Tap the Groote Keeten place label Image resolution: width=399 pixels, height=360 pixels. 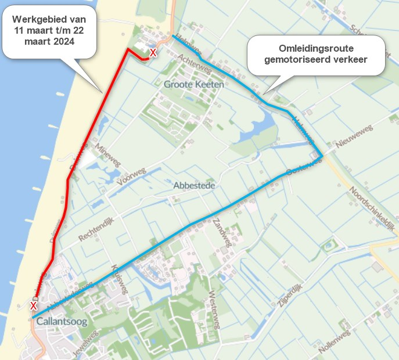pyautogui.click(x=194, y=84)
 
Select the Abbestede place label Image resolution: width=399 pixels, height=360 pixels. pyautogui.click(x=195, y=185)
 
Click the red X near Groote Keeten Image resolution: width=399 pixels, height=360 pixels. pyautogui.click(x=153, y=53)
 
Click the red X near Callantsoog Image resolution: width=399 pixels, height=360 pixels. pyautogui.click(x=34, y=305)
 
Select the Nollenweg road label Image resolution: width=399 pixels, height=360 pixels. pyautogui.click(x=336, y=343)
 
